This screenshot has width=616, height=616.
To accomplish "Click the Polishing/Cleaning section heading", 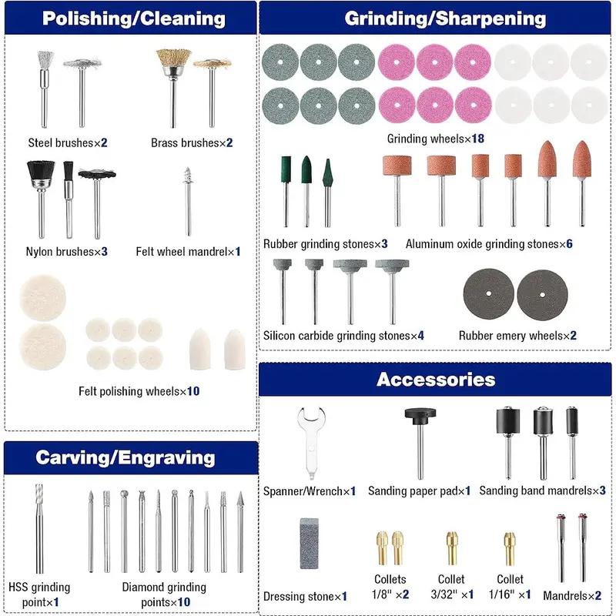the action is pyautogui.click(x=133, y=18).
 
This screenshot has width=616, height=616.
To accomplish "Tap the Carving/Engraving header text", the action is pyautogui.click(x=126, y=457).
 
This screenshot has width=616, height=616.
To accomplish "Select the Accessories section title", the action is pyautogui.click(x=436, y=380).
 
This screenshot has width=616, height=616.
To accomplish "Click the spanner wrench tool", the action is pyautogui.click(x=311, y=442).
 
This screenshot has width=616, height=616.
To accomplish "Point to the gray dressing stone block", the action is pyautogui.click(x=310, y=544).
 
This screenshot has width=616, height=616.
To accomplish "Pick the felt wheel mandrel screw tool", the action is pyautogui.click(x=188, y=201).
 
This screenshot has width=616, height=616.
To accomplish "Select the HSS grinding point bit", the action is pyautogui.click(x=39, y=528).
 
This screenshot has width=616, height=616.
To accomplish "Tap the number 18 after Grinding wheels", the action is pyautogui.click(x=477, y=139).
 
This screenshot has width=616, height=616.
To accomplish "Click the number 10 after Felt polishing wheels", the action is pyautogui.click(x=193, y=391).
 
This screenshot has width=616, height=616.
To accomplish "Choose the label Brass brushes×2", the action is pyautogui.click(x=192, y=142).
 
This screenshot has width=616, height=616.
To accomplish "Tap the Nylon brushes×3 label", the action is pyautogui.click(x=66, y=252).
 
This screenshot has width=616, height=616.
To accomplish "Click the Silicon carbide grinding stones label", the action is pyautogui.click(x=343, y=336).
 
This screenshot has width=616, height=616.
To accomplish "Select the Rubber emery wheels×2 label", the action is pyautogui.click(x=517, y=336).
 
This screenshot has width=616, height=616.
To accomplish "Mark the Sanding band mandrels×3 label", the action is pyautogui.click(x=542, y=490).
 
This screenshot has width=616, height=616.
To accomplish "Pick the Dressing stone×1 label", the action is pyautogui.click(x=305, y=596).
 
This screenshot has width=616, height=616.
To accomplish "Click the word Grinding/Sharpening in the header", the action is pyautogui.click(x=445, y=18).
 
